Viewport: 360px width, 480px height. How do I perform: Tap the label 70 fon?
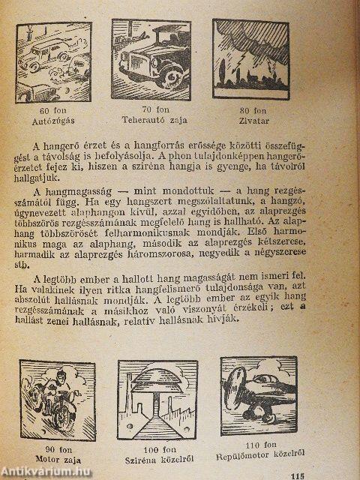[x=151, y=109]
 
